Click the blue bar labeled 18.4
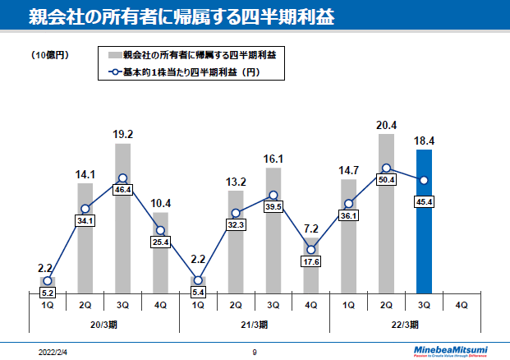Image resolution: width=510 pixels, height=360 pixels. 424,221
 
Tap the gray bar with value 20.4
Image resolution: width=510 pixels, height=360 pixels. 386,213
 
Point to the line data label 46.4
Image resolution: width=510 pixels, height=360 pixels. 122,189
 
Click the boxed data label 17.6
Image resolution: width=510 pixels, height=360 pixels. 310,262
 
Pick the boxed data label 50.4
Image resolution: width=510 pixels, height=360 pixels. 386,180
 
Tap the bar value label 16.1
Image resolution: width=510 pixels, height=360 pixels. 273,159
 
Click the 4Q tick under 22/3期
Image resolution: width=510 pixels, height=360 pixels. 462,305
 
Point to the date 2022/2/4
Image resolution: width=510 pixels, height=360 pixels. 53,351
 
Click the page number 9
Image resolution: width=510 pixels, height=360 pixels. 255,351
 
